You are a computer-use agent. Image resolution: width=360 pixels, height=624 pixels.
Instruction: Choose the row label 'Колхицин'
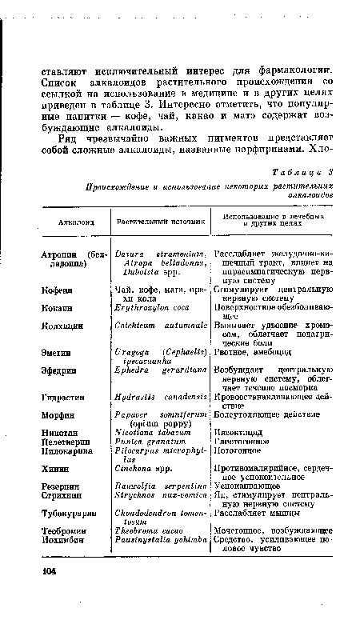tap(50, 326)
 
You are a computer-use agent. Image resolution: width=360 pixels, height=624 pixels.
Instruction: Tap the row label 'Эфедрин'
tap(49, 370)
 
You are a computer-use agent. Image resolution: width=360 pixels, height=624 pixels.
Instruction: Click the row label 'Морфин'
tap(48, 415)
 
